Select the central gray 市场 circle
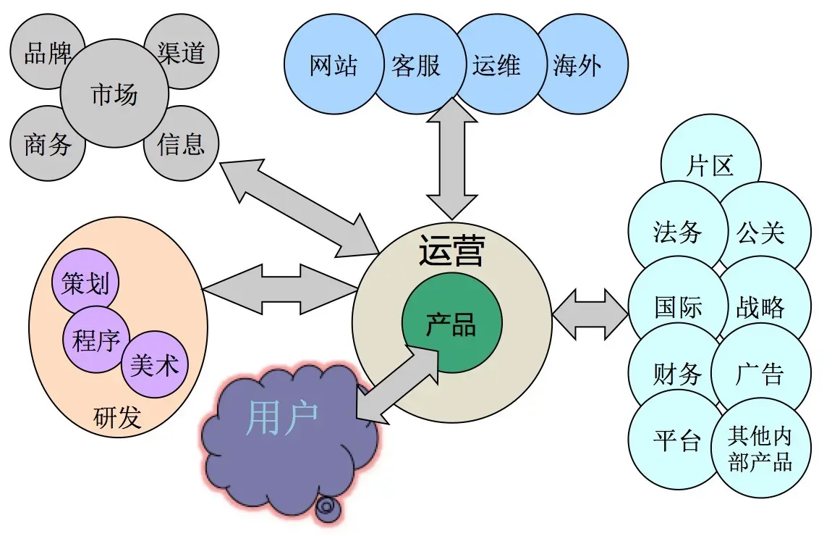tap(114, 93)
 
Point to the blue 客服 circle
tap(417, 64)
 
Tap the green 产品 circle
tap(451, 323)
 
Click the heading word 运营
tap(451, 250)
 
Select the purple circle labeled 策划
tap(85, 282)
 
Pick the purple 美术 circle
tap(154, 364)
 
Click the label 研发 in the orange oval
tap(117, 417)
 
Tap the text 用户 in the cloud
tap(281, 417)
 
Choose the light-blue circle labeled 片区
tap(710, 164)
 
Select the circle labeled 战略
tap(761, 308)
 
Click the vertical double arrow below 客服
tap(452, 159)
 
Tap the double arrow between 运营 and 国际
tap(590, 314)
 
